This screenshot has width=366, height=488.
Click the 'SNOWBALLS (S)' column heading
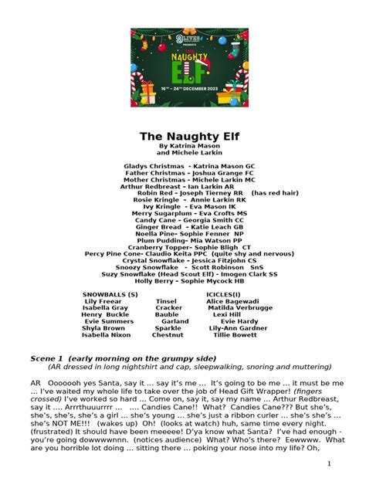tap(110, 294)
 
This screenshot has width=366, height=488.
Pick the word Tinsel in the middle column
tap(166, 301)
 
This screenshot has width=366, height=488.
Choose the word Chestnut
tap(168, 335)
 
